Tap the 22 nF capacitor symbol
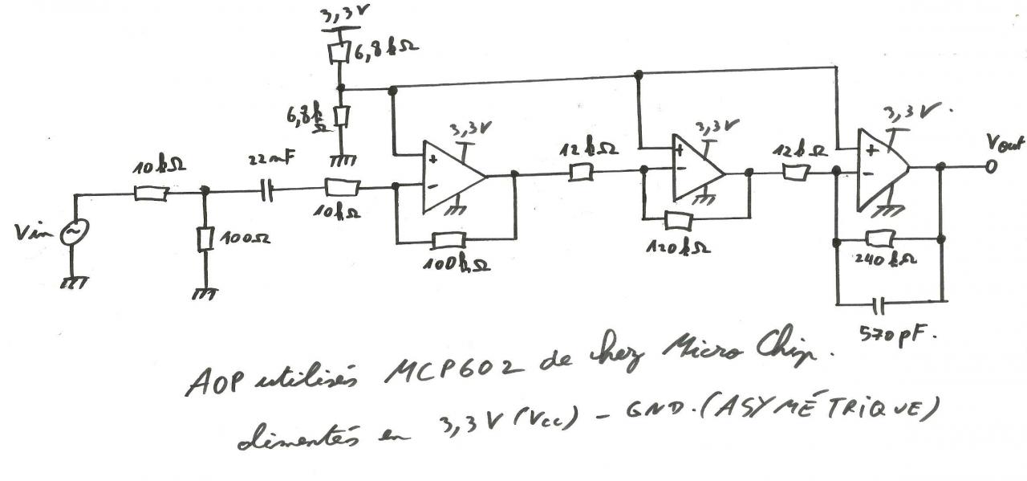(x=268, y=191)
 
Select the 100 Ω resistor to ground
(x=205, y=238)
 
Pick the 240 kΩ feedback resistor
(x=880, y=238)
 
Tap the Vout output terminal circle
(x=992, y=167)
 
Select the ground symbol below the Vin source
(x=73, y=283)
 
